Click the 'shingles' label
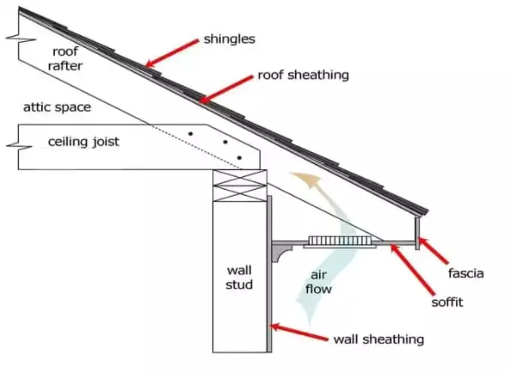click(x=229, y=39)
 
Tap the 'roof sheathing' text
click(x=303, y=75)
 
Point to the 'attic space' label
click(x=57, y=107)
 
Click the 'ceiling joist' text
click(x=84, y=142)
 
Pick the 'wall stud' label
click(x=239, y=278)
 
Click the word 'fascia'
click(x=466, y=273)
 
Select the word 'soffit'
click(x=447, y=302)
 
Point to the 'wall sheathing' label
click(x=378, y=340)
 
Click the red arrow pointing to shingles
click(x=172, y=53)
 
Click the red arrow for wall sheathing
click(x=299, y=333)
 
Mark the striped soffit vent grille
click(x=339, y=241)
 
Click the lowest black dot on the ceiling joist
click(x=240, y=157)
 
